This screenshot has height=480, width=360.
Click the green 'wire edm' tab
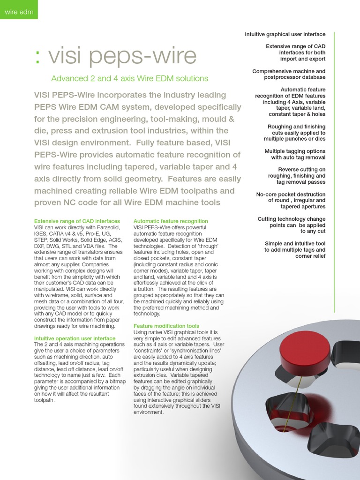tap(19, 12)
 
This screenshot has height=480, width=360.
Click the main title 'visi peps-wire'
tap(122, 56)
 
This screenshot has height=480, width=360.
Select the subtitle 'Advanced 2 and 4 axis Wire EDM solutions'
tap(129, 78)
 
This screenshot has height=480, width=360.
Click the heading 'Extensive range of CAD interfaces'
tap(77, 221)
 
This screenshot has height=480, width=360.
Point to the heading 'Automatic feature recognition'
tap(171, 221)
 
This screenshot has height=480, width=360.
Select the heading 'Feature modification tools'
tap(166, 326)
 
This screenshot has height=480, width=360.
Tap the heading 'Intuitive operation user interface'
tap(75, 338)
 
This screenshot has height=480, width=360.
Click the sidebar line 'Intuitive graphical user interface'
tap(285, 34)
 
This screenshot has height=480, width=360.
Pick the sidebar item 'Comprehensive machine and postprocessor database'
tap(289, 74)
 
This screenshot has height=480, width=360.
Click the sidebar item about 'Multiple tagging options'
tap(295, 154)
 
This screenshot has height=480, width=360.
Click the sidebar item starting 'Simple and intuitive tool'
tap(295, 250)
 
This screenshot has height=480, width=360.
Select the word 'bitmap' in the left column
tap(114, 382)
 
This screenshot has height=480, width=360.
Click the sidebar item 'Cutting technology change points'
tap(292, 225)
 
